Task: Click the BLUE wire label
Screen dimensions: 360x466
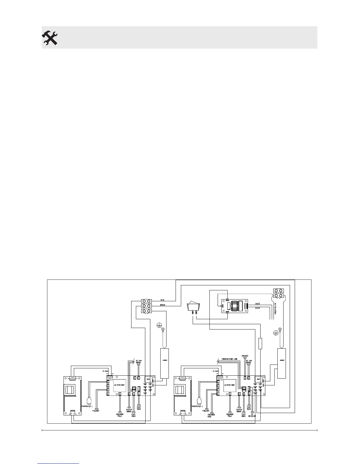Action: [162, 300]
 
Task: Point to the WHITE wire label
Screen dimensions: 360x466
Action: [257, 304]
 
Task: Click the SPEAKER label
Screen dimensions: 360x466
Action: [245, 356]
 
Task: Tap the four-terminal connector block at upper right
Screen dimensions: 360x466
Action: [278, 293]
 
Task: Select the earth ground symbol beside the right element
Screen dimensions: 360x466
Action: [276, 333]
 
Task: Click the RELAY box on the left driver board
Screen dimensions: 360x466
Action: [148, 379]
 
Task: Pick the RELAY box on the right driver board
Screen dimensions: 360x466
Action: [258, 379]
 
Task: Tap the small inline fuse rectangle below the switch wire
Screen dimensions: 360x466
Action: [260, 344]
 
